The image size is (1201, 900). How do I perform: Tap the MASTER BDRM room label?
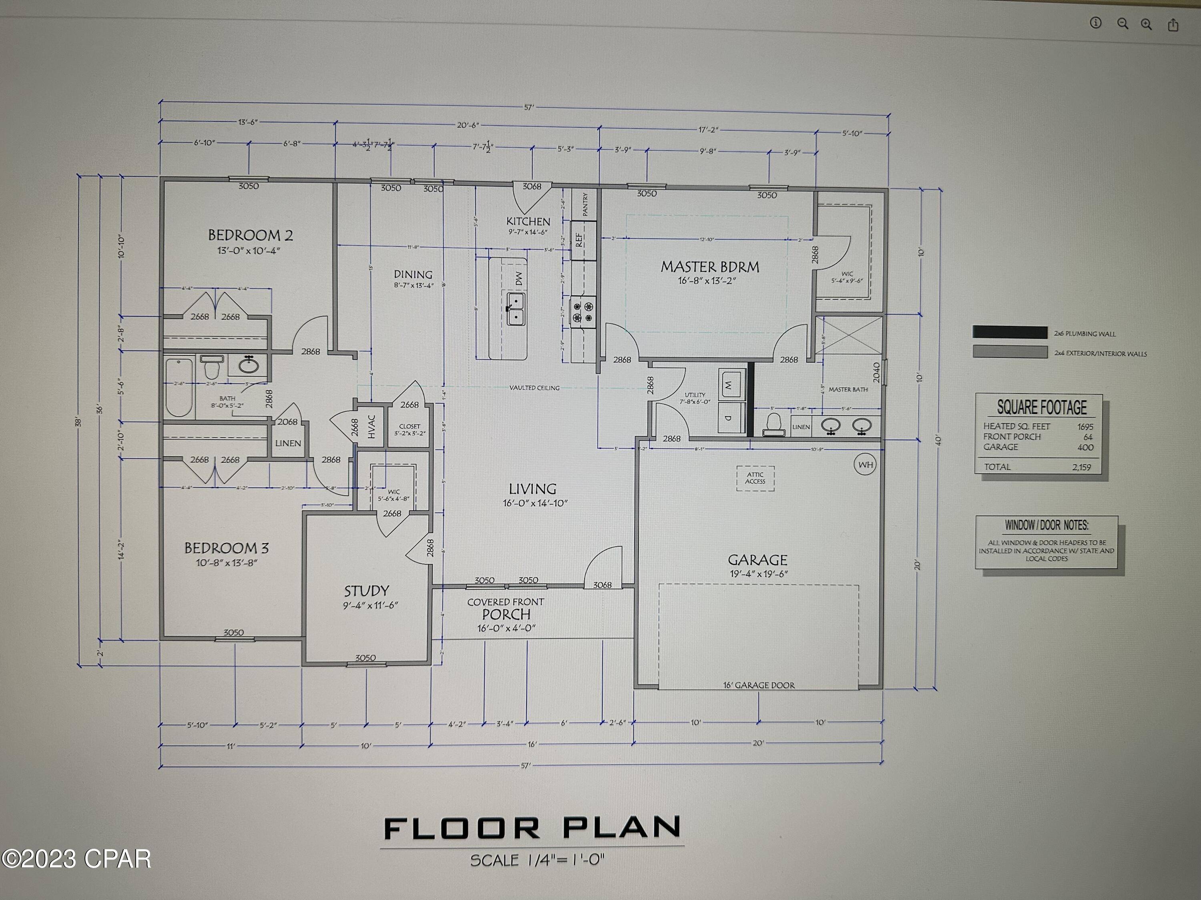pyautogui.click(x=710, y=267)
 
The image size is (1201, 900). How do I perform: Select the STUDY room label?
pyautogui.click(x=366, y=591)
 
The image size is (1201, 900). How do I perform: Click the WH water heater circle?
pyautogui.click(x=865, y=465)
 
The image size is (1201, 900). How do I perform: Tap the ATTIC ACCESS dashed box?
pyautogui.click(x=755, y=478)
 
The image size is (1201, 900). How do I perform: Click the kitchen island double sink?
pyautogui.click(x=515, y=309)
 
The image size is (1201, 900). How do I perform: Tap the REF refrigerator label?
pyautogui.click(x=579, y=239)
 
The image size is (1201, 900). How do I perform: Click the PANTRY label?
pyautogui.click(x=585, y=204)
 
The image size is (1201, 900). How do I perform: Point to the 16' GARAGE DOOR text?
pyautogui.click(x=759, y=685)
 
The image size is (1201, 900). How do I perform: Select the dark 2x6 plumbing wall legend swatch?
pyautogui.click(x=1010, y=332)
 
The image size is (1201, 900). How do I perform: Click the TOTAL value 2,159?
pyautogui.click(x=1081, y=467)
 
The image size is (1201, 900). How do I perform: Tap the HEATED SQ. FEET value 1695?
pyautogui.click(x=1085, y=427)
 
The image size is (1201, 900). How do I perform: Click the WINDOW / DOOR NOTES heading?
pyautogui.click(x=1046, y=525)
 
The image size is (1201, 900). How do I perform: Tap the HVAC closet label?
pyautogui.click(x=372, y=426)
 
